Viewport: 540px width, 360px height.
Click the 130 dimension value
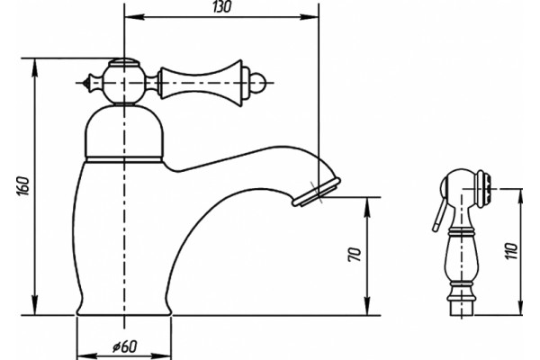tap(222, 7)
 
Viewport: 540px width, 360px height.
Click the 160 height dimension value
tap(23, 186)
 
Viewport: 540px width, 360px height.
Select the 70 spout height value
tap(355, 255)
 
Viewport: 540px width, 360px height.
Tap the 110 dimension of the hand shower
tap(512, 251)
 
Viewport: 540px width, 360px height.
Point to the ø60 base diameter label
tap(125, 346)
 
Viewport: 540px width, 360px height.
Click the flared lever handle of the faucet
tap(201, 83)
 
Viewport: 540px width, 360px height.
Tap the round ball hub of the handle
tap(124, 84)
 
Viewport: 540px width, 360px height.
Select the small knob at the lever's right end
tap(256, 83)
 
